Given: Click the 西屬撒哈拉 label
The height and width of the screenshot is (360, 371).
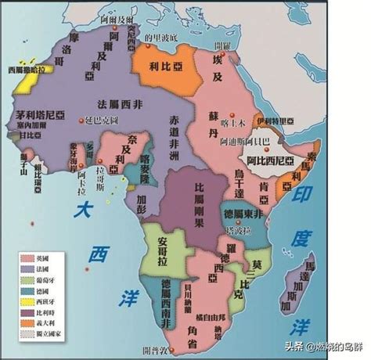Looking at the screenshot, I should click(x=27, y=70).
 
